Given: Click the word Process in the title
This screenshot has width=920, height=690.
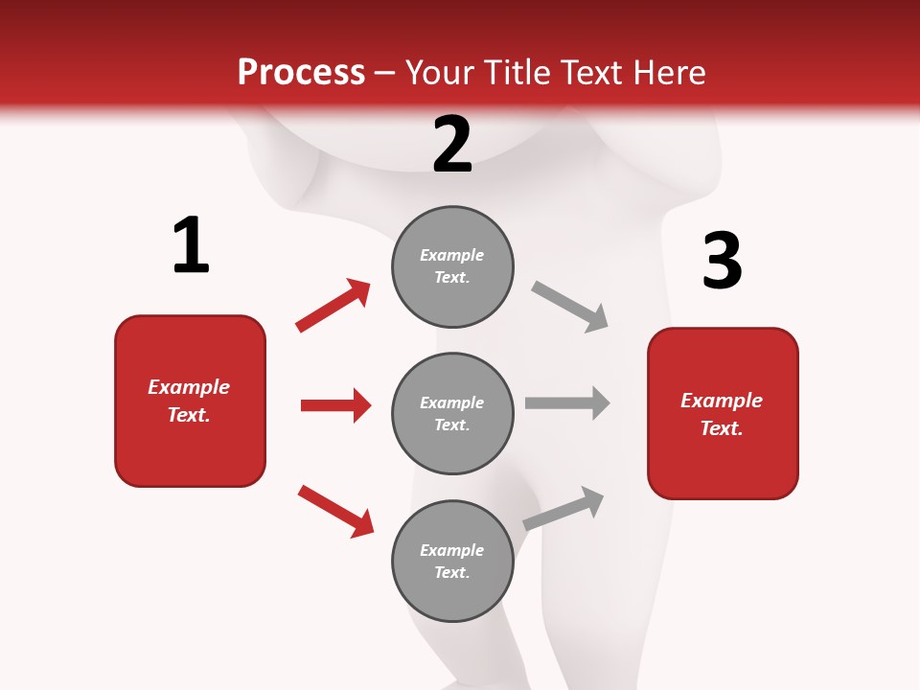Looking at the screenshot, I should tap(301, 73).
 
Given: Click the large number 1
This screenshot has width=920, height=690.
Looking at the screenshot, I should tap(191, 246).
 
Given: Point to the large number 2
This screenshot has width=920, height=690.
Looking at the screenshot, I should tap(452, 145).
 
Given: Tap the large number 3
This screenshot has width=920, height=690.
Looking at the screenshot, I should tap(722, 261).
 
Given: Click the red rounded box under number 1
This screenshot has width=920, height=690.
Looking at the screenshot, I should tap(190, 401).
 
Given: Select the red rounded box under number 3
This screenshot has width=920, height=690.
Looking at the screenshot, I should tap(723, 413).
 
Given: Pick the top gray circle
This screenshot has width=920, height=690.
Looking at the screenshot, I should tap(452, 266).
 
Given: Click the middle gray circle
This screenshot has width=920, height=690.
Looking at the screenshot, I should tap(452, 413).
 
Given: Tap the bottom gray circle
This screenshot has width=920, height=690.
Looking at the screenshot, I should tap(452, 561).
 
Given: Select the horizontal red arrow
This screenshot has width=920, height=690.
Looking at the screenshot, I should tap(335, 405).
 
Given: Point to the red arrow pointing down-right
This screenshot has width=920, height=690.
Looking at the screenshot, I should tap(336, 511).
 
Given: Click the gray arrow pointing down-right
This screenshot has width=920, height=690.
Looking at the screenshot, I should tap(570, 307).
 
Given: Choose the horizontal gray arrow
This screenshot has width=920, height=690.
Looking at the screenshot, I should tap(567, 402).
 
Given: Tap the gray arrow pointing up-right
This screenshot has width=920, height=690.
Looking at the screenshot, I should tap(563, 508).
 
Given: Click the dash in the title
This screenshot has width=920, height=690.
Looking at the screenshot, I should tap(385, 74).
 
